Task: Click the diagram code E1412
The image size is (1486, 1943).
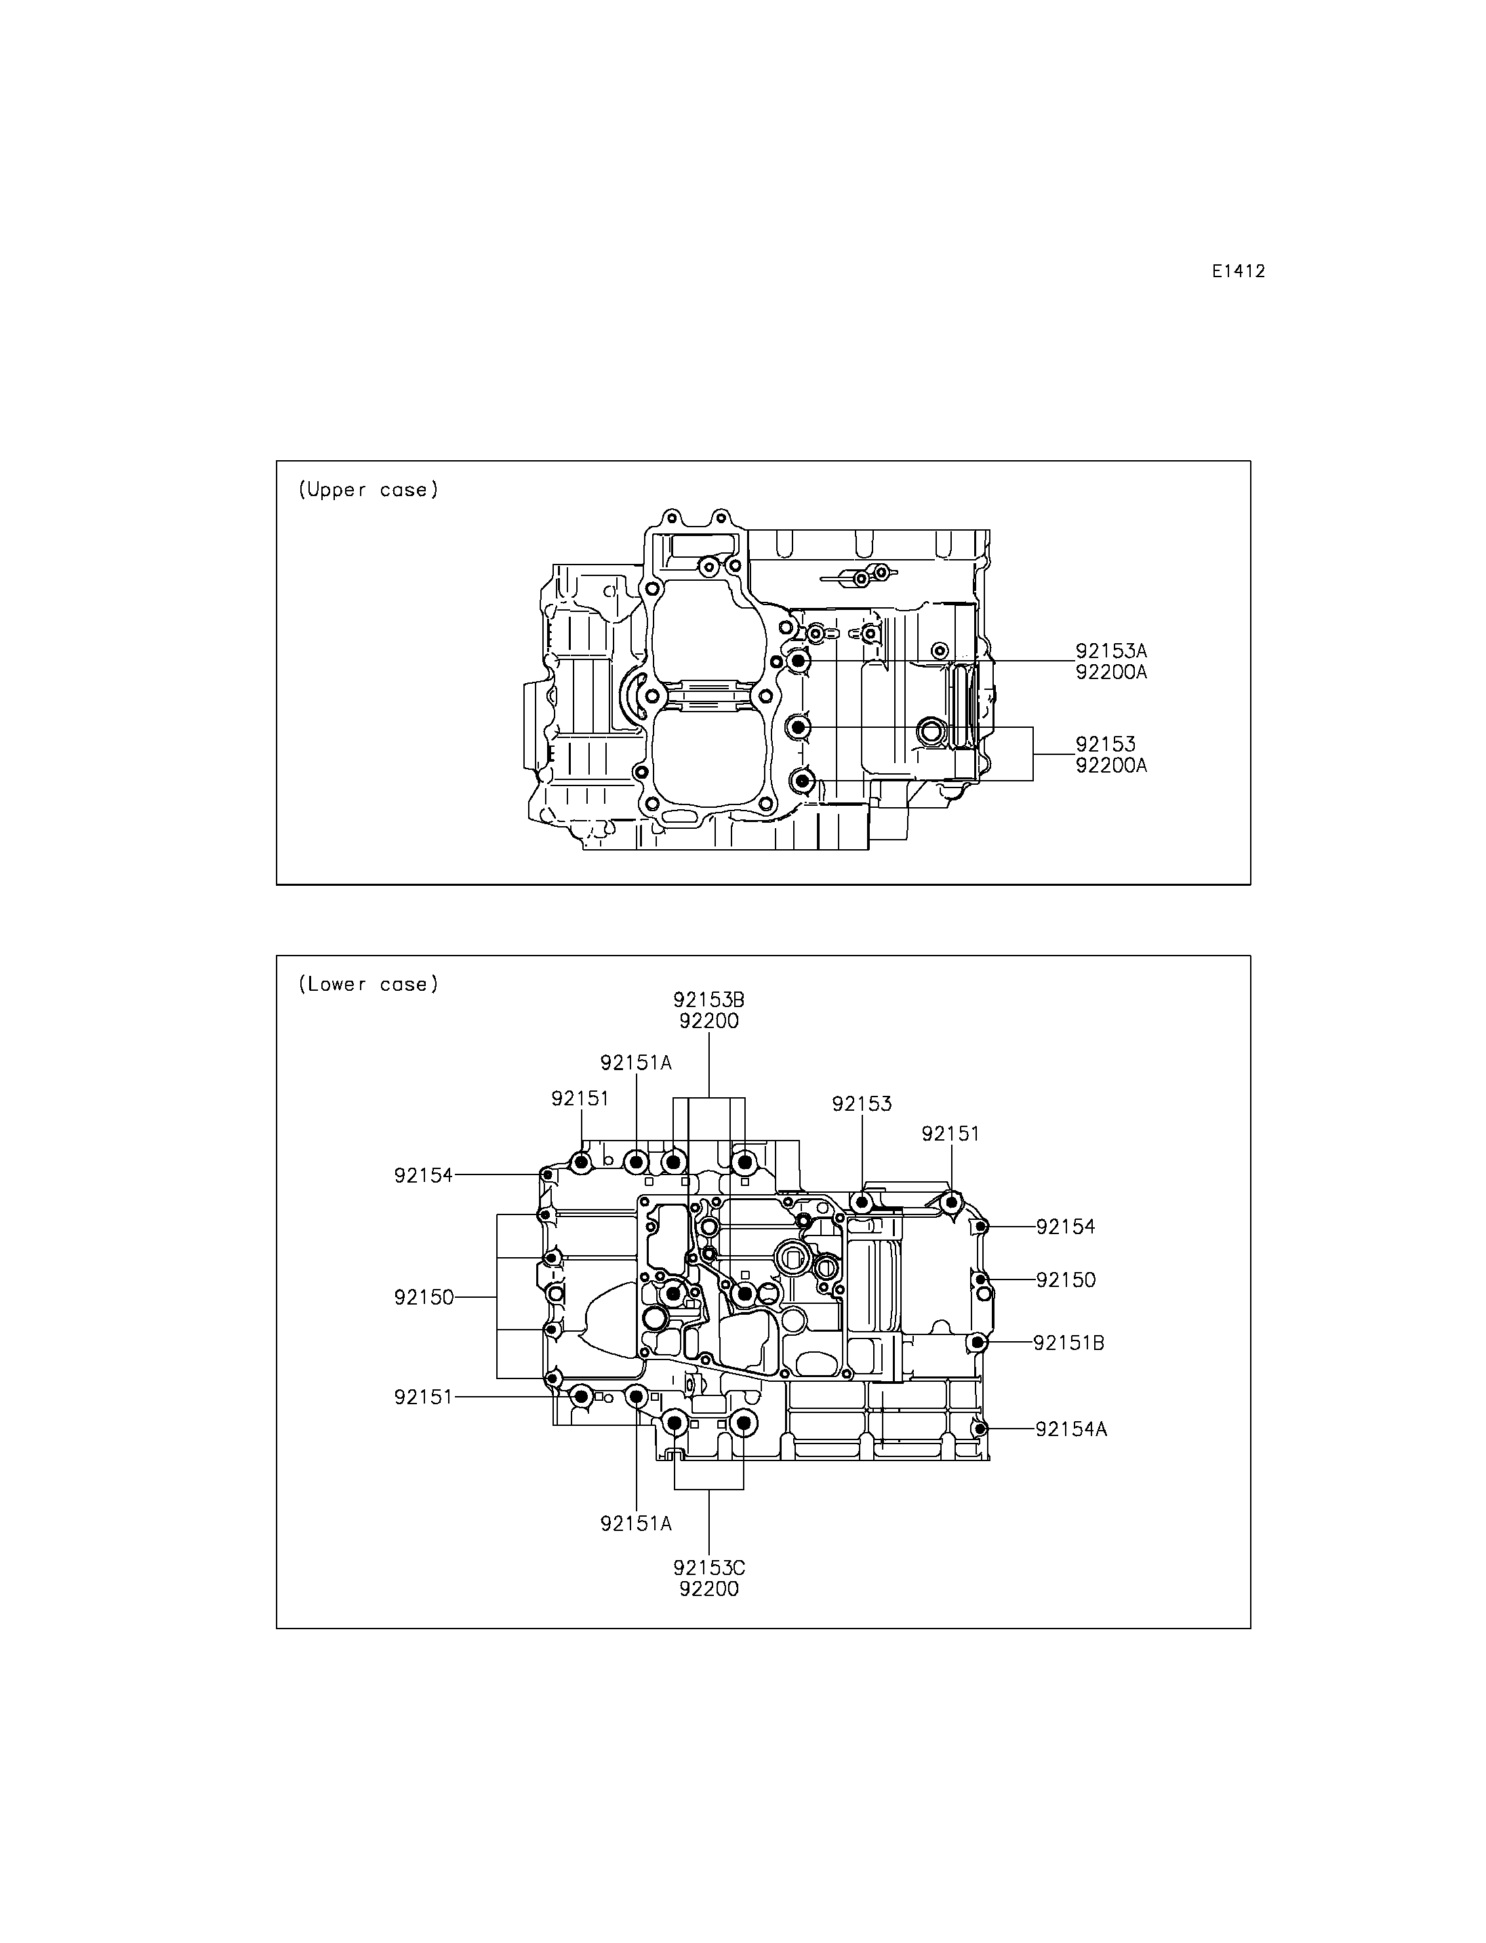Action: click(1239, 272)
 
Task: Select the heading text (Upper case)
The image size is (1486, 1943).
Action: click(368, 489)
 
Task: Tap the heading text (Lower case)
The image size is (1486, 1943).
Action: click(368, 983)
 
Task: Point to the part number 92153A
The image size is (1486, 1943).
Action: click(1111, 651)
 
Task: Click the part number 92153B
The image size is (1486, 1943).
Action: click(708, 1000)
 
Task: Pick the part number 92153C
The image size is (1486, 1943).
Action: click(708, 1567)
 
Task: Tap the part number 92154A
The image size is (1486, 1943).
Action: click(1071, 1429)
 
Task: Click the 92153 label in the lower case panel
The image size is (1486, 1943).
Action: click(862, 1104)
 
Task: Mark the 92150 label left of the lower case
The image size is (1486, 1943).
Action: click(424, 1297)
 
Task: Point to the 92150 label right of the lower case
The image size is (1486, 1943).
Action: click(1066, 1280)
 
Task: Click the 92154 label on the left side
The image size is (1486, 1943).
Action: click(424, 1175)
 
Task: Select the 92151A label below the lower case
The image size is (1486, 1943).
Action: click(636, 1523)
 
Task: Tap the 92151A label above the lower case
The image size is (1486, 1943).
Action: click(636, 1062)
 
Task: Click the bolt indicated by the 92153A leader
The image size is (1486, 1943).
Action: click(798, 661)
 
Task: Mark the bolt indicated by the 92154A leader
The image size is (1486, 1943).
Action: click(979, 1429)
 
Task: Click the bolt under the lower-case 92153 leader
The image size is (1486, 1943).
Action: click(862, 1201)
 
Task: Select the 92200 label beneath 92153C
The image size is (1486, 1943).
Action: click(708, 1589)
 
